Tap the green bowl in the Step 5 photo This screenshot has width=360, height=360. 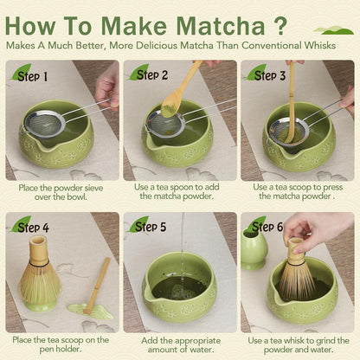[x=179, y=294]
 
